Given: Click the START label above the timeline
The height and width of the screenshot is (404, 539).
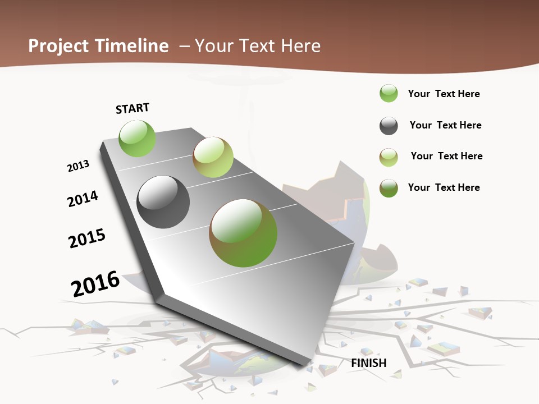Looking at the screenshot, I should click(x=133, y=108).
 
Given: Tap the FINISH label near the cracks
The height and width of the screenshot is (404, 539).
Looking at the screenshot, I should click(x=369, y=363).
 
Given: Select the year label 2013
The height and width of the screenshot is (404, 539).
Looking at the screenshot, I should click(x=79, y=166).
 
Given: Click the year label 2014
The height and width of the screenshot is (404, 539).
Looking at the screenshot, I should click(x=83, y=199).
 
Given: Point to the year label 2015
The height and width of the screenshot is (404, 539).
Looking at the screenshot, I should click(x=87, y=238).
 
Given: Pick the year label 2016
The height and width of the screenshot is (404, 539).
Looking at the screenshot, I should click(x=95, y=283).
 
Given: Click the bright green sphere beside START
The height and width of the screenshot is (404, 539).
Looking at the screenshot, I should click(x=137, y=138).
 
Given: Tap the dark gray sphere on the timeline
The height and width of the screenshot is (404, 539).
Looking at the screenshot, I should click(x=163, y=202).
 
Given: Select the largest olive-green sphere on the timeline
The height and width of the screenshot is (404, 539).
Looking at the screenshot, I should click(x=243, y=233).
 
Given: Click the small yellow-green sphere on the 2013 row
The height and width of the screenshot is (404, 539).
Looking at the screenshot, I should click(x=213, y=157).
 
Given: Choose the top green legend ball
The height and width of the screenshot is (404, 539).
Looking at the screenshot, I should click(x=389, y=93).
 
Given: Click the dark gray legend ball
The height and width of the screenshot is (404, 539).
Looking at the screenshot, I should click(x=389, y=126).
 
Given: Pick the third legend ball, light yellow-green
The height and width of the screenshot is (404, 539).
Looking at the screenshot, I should click(x=389, y=157).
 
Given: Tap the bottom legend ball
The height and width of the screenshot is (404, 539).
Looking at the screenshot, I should click(x=389, y=188).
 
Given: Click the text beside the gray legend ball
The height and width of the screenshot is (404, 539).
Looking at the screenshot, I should click(x=445, y=125).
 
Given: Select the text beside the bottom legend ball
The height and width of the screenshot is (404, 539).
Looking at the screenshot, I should click(x=444, y=187).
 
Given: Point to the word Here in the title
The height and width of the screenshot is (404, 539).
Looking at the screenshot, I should click(x=300, y=46).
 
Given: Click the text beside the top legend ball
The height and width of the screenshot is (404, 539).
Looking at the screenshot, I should click(x=444, y=94).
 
